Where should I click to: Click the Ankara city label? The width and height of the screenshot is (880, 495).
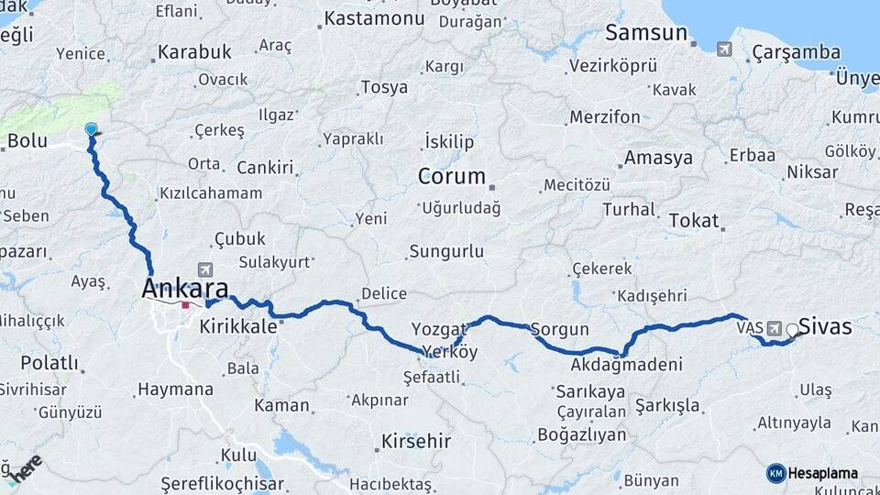tap(184, 287)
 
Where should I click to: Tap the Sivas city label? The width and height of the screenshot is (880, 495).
tap(825, 326)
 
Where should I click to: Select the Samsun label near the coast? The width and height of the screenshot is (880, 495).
tap(645, 33)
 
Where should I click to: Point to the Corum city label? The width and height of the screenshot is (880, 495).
tap(451, 175)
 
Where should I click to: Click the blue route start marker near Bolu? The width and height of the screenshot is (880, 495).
tap(91, 130)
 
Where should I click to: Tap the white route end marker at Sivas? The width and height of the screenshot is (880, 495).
tap(792, 330)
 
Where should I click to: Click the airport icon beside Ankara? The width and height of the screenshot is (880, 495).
tap(203, 269)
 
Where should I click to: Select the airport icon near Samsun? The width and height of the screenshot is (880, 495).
tap(724, 49)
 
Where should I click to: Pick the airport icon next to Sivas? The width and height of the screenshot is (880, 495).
tap(775, 327)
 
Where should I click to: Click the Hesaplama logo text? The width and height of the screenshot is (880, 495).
tap(822, 473)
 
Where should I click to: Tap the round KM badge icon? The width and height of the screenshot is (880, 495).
tap(775, 473)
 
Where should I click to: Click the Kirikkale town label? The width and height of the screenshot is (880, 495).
tap(237, 326)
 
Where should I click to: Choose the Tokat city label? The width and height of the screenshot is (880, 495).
tap(693, 220)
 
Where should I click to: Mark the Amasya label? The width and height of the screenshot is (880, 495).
tap(658, 158)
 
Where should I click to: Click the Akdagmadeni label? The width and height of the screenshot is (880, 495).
tap(626, 365)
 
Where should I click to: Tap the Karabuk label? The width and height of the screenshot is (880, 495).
tap(194, 52)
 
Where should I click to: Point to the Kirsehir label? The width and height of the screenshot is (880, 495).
tap(416, 441)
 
